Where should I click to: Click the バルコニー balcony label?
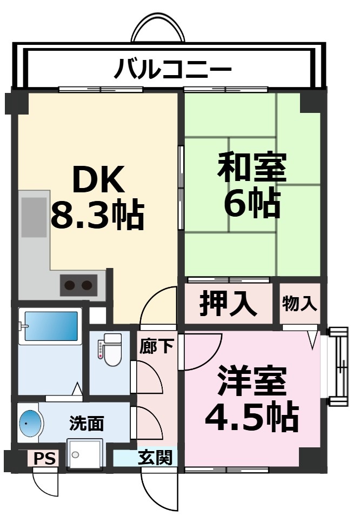pos(172,69)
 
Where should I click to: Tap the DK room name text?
pos(98,180)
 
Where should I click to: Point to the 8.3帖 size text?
pos(97,214)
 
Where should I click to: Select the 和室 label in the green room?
pos(251,167)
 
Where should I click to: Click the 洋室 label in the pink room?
pos(252,381)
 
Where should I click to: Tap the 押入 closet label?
pos(228,304)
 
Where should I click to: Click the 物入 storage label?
pos(299,304)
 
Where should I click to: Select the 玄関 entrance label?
pos(155,458)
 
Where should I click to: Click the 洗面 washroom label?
pos(86,424)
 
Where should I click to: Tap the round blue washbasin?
pos(31,423)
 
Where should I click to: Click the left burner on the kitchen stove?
pos(70,285)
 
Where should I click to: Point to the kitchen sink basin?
pos(34,217)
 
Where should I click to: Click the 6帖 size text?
pos(251,203)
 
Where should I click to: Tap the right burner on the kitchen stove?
pos(88,285)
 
